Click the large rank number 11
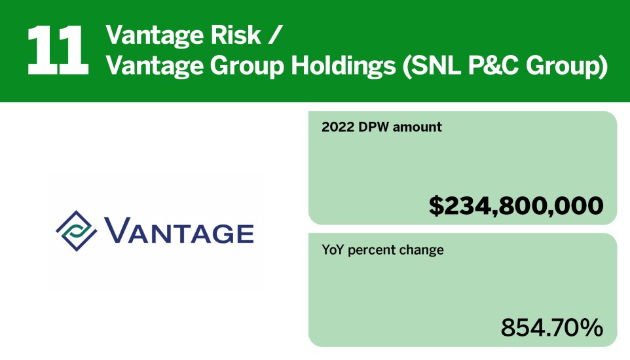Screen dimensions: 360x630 click(58, 50)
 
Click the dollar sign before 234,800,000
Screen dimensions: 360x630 click(437, 206)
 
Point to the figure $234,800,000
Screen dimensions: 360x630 click(516, 206)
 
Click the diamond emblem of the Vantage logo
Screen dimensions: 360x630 click(77, 232)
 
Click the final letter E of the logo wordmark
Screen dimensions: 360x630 click(242, 234)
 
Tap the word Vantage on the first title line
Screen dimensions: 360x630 click(153, 35)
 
